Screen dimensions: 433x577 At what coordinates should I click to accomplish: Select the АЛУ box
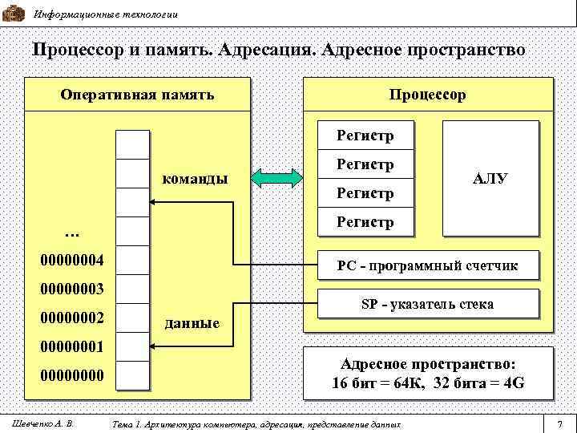(490, 178)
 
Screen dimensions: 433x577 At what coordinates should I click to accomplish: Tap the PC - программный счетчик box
(427, 265)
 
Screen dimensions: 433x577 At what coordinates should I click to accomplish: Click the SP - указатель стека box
(427, 304)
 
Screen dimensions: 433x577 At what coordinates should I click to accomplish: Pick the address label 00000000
(72, 375)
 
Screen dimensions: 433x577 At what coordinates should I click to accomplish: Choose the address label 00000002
(72, 318)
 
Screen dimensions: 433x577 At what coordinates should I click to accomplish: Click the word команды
(195, 177)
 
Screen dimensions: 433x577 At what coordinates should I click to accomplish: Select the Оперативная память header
(137, 95)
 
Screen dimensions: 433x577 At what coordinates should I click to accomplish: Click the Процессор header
(428, 95)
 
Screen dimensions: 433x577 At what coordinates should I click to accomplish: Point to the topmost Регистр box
(365, 135)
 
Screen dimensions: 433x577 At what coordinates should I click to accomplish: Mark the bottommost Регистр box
(365, 221)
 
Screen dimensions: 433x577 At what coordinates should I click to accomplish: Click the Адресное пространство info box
(428, 373)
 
